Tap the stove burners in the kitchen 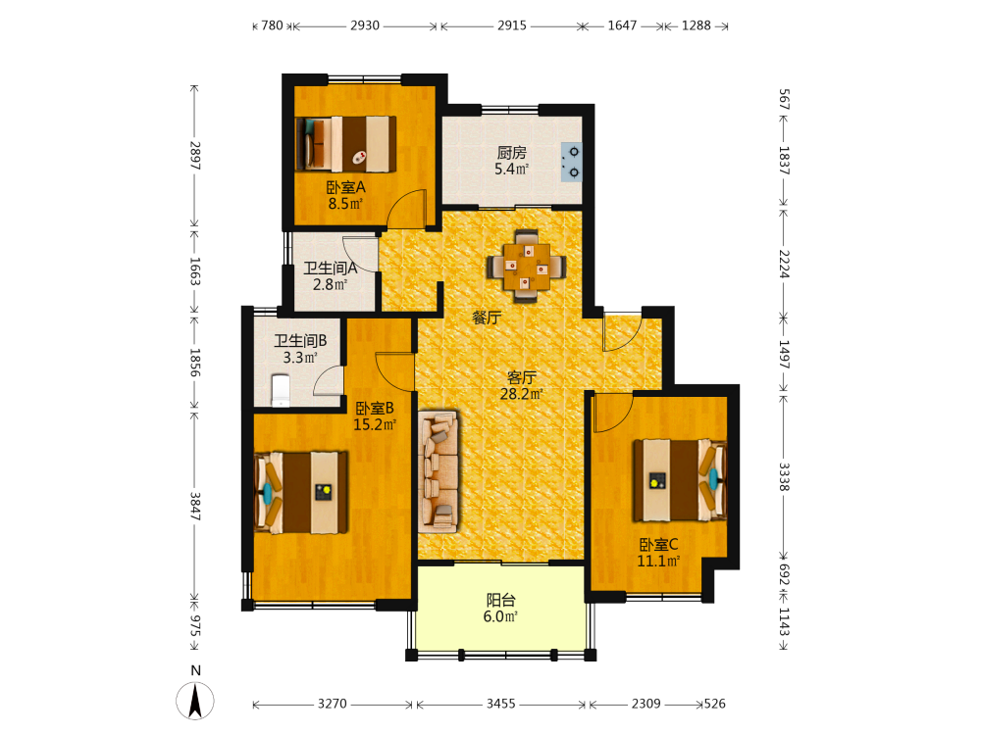571,162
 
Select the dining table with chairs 526,267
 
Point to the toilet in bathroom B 281,391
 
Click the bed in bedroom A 346,144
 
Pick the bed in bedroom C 680,480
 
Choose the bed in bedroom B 301,493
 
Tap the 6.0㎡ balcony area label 500,616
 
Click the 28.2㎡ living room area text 521,394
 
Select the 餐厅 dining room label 487,318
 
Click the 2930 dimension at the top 365,25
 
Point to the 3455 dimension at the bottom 501,704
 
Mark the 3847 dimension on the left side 195,507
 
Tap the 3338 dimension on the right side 784,477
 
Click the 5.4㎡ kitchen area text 512,169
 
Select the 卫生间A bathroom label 331,269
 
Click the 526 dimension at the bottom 714,704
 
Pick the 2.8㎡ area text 331,285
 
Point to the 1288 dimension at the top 697,25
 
